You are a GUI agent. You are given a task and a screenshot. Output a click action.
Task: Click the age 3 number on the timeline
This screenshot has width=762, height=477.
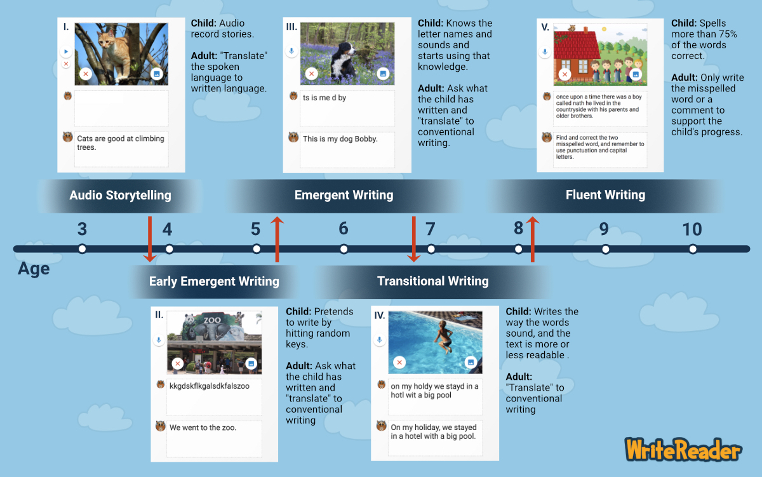coord(82,229)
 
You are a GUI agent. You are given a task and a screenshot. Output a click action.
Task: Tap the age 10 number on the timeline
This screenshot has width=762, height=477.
coord(692,229)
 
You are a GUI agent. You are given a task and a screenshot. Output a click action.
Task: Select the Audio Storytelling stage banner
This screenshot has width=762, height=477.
coord(120,195)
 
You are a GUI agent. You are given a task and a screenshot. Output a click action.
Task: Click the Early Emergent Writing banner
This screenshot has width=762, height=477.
coord(214,281)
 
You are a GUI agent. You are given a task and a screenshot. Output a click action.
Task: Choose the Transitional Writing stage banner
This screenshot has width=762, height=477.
coord(432,281)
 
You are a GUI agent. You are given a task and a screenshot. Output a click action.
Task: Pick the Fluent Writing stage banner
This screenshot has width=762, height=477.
coord(605,195)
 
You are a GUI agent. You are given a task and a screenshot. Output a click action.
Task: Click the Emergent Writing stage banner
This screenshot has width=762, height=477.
coord(344,195)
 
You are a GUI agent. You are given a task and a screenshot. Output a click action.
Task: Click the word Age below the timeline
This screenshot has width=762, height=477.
coord(34,269)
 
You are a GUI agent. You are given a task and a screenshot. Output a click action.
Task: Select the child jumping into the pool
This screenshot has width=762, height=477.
coord(443,335)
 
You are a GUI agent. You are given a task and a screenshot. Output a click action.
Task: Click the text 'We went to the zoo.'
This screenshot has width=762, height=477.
coord(203,427)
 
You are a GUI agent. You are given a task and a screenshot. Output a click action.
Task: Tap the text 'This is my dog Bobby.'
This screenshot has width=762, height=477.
coord(340,138)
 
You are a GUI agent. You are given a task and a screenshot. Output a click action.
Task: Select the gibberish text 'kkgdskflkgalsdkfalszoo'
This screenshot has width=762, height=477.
coord(210,386)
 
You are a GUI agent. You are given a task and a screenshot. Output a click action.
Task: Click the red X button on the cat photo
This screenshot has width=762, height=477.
coord(86,74)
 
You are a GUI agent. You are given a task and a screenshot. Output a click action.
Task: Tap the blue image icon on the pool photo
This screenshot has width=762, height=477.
coord(471,362)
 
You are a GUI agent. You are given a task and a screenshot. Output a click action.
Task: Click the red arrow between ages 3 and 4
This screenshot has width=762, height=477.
coord(150,239)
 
